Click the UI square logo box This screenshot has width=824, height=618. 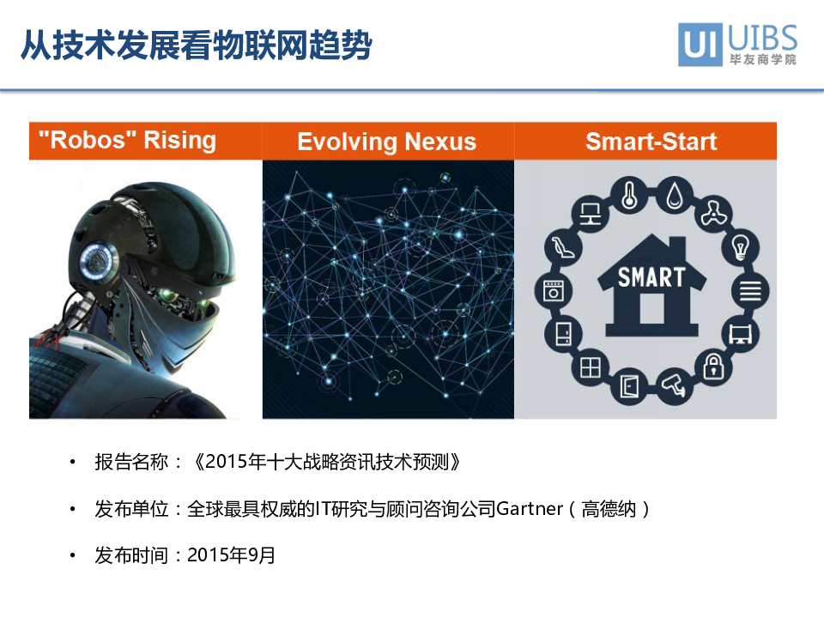point(700,45)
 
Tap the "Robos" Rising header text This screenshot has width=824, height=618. point(127,140)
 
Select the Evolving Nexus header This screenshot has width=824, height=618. point(387,142)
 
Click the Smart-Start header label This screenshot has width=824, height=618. point(651,142)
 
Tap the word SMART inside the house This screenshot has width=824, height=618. point(651,277)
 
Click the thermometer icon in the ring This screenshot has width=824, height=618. point(629,196)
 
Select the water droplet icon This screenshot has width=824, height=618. point(675,196)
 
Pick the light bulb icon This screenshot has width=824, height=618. point(741,247)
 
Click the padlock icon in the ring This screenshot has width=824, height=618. point(713,367)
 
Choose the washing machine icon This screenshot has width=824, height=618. point(553,291)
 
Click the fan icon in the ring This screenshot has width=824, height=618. point(713,214)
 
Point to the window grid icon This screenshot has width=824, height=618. point(590,367)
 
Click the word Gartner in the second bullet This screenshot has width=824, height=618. point(530,509)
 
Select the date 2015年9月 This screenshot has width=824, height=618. point(231,555)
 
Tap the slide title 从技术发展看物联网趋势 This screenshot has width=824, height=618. point(197,45)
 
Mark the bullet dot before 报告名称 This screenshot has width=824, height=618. point(72,463)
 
